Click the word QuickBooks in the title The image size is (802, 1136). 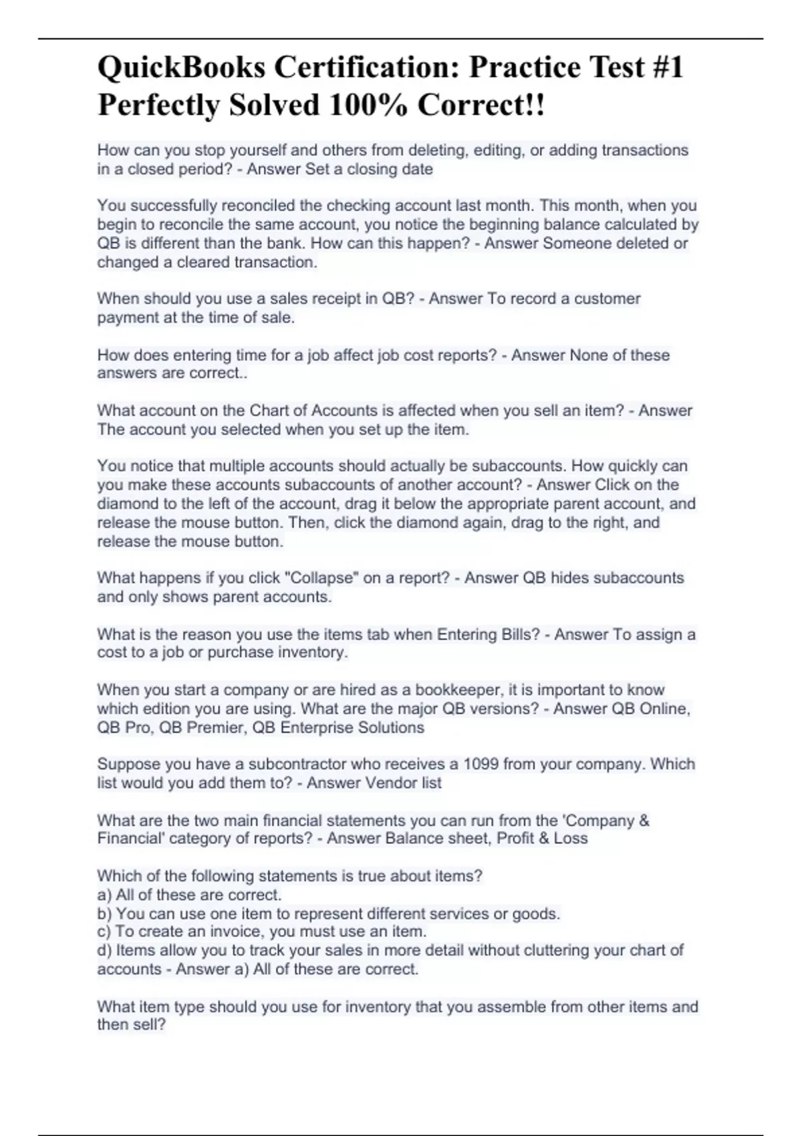click(180, 67)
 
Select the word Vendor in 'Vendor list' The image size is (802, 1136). click(389, 783)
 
